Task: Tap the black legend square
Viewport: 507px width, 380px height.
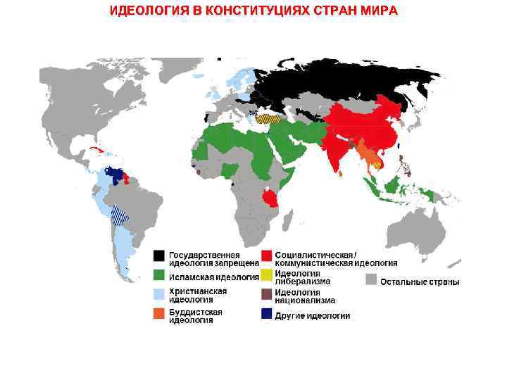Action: [160, 255]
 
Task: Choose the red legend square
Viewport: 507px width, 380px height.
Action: [267, 255]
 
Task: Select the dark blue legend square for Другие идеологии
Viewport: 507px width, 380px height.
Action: [267, 315]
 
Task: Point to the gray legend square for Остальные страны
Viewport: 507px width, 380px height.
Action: [371, 280]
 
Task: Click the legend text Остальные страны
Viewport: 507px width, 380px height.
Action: [420, 282]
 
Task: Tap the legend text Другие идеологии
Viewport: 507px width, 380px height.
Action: [312, 316]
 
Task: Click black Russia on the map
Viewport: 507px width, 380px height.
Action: [338, 81]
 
